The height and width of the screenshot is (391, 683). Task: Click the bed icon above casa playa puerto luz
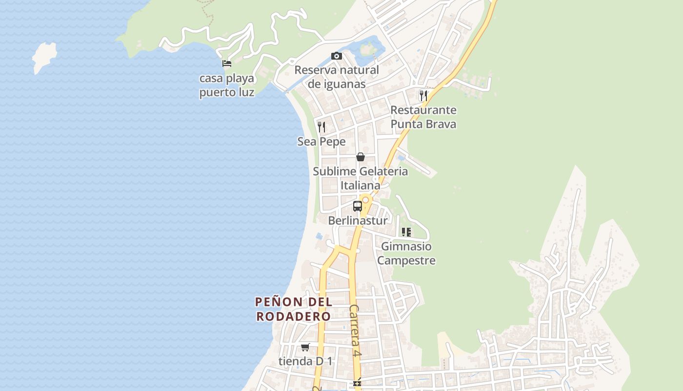pos(226,64)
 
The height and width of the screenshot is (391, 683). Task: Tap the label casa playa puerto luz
pos(227,86)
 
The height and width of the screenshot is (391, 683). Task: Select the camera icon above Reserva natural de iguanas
pos(337,56)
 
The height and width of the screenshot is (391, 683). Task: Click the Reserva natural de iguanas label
pos(337,77)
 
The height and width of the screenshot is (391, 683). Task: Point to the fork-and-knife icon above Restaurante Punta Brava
pos(423,95)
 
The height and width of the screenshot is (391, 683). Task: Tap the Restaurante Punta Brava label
pos(423,117)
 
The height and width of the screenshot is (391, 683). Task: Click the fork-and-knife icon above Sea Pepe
pos(321,127)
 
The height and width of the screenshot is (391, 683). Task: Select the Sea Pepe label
pos(321,142)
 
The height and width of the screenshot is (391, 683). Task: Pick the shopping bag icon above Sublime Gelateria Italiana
pos(361,157)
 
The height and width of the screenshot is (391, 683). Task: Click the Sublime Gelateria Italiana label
pos(361,178)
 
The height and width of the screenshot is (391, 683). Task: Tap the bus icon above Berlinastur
pos(358,206)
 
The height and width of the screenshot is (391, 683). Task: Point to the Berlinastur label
pos(358,220)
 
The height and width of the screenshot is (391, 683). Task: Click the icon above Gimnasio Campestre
pos(406,232)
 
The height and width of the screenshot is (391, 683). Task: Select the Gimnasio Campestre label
pos(406,253)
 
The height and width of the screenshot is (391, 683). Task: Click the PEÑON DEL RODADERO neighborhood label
pos(294,309)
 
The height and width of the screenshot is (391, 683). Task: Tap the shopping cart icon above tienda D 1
pos(305,347)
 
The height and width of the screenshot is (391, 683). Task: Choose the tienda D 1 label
pos(305,362)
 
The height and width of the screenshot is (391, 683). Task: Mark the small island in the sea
pos(44,56)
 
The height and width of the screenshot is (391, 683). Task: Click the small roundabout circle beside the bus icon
pos(365,200)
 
